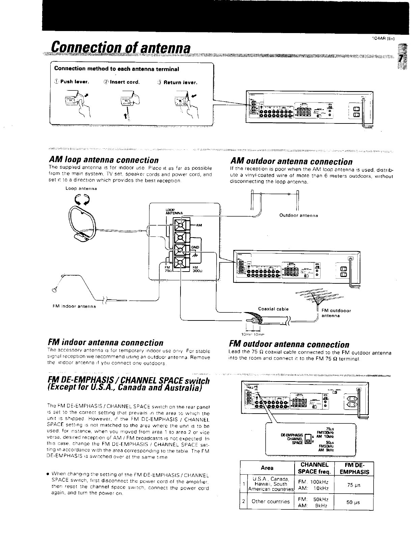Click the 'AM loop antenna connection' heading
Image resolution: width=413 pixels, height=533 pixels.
104,160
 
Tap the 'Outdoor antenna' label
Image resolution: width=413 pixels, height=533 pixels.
299,215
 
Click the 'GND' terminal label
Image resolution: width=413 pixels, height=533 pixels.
195,247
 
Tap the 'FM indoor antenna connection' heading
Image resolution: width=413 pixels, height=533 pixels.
106,343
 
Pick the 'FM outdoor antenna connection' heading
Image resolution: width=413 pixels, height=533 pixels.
289,344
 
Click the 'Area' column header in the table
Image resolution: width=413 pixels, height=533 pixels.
267,468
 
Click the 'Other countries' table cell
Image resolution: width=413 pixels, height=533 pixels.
271,501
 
